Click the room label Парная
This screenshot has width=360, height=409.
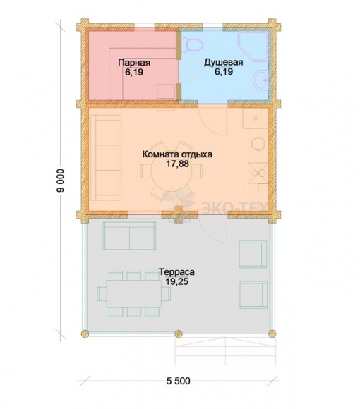coord(134,63)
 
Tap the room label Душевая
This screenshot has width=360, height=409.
coord(224,63)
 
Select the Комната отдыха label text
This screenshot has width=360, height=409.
coord(177,154)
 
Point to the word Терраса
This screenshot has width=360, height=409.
coord(176,272)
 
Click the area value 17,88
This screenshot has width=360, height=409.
coord(177,164)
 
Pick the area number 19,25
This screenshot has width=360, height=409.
coord(177,281)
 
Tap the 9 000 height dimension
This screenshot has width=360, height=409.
coord(60,181)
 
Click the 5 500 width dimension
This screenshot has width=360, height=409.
coord(179,381)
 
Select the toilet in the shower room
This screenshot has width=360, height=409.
coord(193,44)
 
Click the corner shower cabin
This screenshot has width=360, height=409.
coord(253,47)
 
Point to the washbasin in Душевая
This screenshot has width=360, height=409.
coord(261,80)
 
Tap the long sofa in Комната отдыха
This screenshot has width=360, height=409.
coord(106,157)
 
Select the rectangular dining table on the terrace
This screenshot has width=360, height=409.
coord(133,294)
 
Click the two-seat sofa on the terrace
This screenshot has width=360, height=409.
coord(129,236)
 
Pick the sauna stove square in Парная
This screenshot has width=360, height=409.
coord(166,91)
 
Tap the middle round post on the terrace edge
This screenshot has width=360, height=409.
coord(179,334)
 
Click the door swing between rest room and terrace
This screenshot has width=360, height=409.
coord(212,230)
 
